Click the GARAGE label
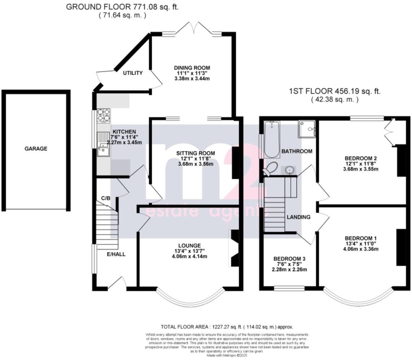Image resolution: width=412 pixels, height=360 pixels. click(35, 149)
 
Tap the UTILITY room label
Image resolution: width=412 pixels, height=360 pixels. click(133, 73)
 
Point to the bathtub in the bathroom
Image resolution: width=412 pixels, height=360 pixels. click(272, 139)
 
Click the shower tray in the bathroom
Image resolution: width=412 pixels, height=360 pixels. click(307, 129)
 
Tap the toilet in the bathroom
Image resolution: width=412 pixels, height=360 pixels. click(271, 168)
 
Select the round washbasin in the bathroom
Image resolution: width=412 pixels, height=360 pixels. click(290, 171)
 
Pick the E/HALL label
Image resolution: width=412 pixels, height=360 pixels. click(116, 254)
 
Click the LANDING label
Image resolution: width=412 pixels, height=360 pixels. click(299, 217)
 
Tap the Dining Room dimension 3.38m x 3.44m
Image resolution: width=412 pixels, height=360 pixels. click(192, 78)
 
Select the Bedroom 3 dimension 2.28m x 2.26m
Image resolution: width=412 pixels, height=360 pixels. click(290, 270)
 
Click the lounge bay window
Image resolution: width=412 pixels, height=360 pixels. click(190, 299)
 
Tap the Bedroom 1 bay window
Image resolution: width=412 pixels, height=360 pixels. click(358, 299)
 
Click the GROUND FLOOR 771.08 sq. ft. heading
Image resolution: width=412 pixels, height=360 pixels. click(122, 7)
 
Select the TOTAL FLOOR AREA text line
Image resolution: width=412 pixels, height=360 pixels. click(227, 327)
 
